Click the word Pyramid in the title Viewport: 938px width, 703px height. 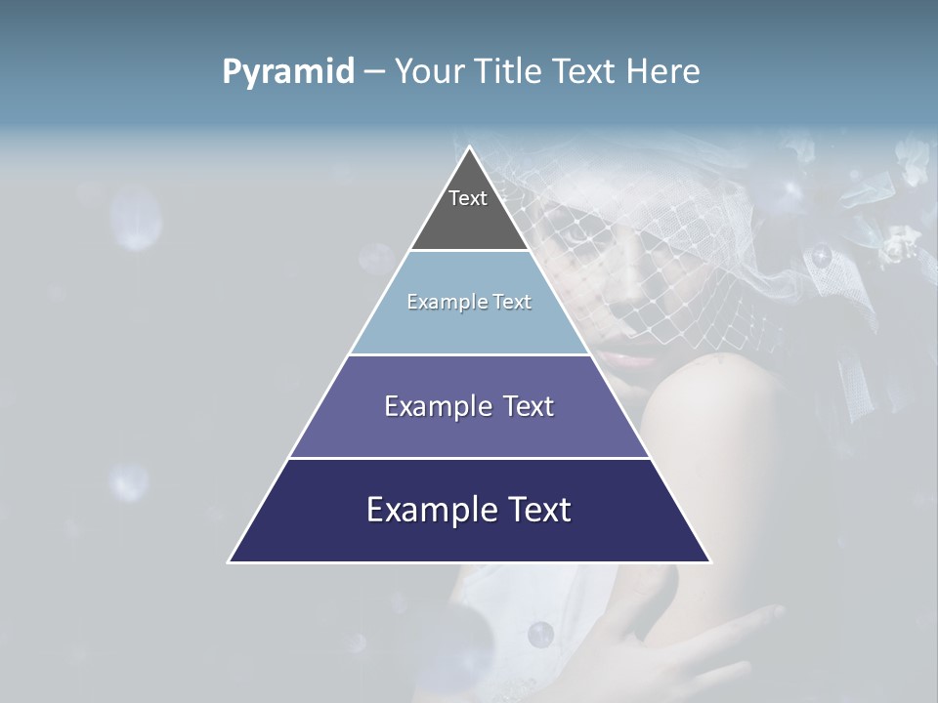point(288,72)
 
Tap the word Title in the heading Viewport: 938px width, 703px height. point(512,72)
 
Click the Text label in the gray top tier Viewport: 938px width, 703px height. point(468,198)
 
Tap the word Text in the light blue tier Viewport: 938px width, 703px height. point(512,302)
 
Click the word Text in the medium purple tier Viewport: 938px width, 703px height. point(530,406)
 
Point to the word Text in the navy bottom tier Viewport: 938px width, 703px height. point(538,510)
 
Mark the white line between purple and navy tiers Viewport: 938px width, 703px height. point(469,458)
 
